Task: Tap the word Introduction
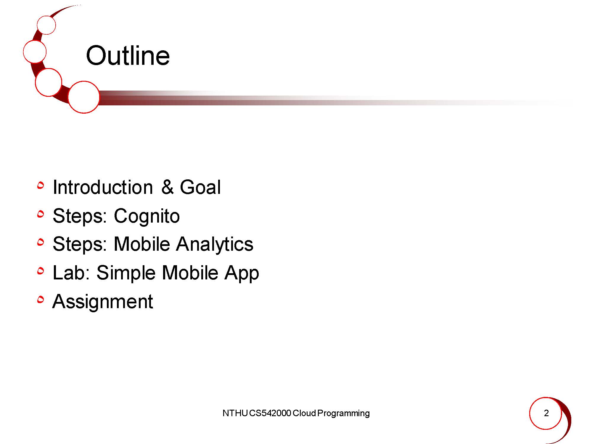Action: click(x=103, y=187)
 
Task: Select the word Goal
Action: click(x=200, y=187)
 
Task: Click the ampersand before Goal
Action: click(x=168, y=187)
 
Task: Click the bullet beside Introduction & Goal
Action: click(x=41, y=186)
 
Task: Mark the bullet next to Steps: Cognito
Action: click(x=41, y=214)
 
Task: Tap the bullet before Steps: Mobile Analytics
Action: click(x=41, y=242)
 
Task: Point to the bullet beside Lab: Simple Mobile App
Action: click(x=41, y=271)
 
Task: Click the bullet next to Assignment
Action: click(x=41, y=300)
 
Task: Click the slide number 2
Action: click(x=546, y=413)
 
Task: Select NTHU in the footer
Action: click(x=235, y=413)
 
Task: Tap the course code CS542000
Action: click(x=270, y=413)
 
